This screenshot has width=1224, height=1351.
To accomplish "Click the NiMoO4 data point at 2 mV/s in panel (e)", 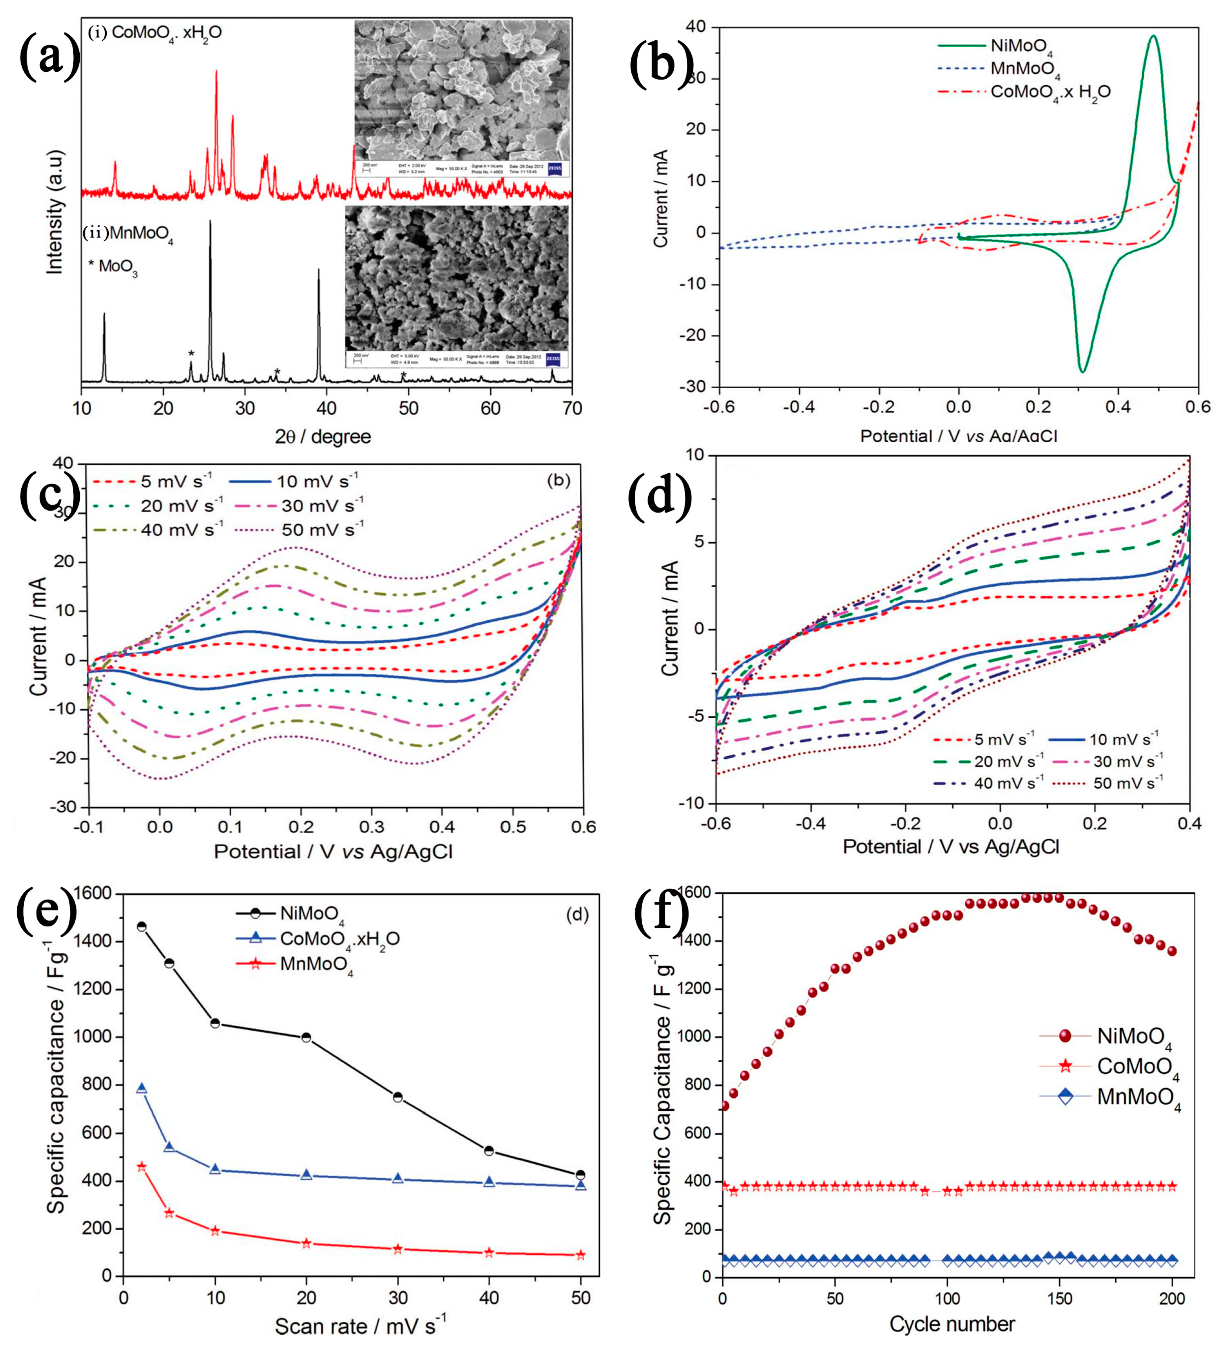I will point(141,927).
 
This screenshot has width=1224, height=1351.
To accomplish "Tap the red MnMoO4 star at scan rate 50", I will point(580,1255).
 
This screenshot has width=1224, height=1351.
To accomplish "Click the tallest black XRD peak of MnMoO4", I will point(210,222).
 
